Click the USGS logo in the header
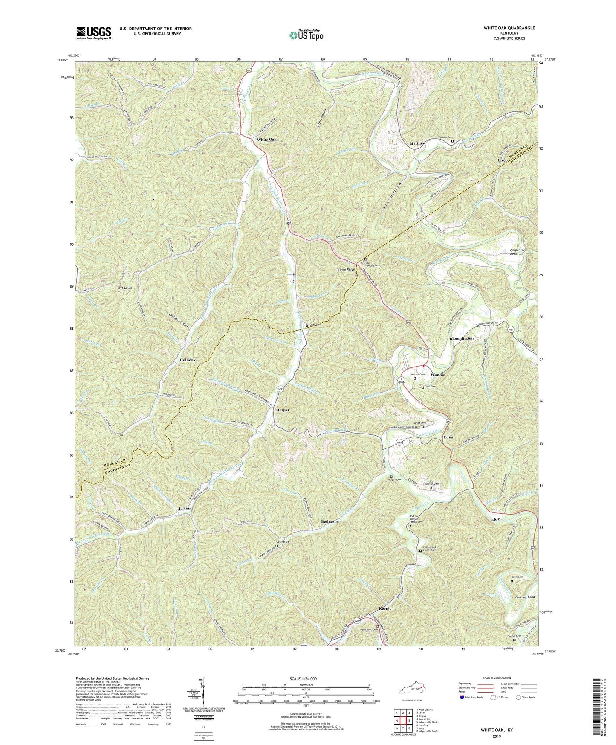tap(94, 33)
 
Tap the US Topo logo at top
tap(306, 35)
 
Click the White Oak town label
tap(266, 140)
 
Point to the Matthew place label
tap(417, 143)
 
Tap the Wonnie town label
tap(437, 375)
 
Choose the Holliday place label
tap(187, 360)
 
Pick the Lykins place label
tap(185, 509)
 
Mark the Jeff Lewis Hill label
tap(125, 290)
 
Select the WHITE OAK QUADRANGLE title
tap(509, 28)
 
